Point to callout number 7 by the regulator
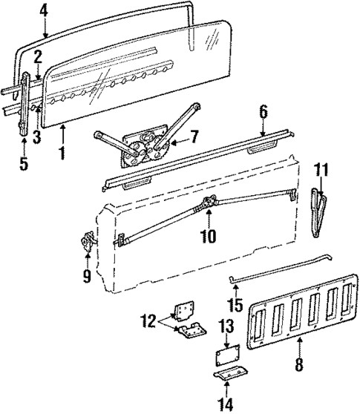(x=195, y=137)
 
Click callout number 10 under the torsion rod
(x=209, y=237)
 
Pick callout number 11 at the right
(x=321, y=171)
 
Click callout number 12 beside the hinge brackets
(x=146, y=321)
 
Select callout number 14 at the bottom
(x=226, y=405)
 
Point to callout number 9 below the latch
(x=87, y=277)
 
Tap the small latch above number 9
(x=89, y=242)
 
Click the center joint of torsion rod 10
(x=209, y=203)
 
